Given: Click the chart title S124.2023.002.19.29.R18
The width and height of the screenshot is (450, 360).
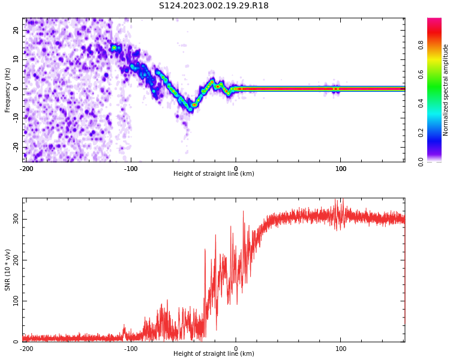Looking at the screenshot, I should click(x=214, y=6).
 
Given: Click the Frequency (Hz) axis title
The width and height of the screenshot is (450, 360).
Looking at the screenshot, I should click(x=8, y=90).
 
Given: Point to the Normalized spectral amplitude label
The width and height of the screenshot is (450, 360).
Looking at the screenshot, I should click(x=446, y=90).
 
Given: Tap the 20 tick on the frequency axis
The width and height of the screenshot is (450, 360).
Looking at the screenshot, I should click(x=16, y=30).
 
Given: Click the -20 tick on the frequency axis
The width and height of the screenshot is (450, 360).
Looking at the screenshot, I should click(x=15, y=147).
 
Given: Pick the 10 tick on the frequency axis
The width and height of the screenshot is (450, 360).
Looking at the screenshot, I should click(x=16, y=59).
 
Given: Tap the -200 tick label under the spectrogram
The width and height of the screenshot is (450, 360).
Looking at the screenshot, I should click(x=26, y=169).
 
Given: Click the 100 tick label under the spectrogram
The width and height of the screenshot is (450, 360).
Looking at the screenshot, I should click(x=341, y=169).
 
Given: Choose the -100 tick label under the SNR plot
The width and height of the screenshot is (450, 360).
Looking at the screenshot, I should click(x=131, y=349).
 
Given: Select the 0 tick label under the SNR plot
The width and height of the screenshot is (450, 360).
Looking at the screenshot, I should click(x=236, y=349).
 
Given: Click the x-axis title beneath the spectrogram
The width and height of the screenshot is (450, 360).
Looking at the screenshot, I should click(x=214, y=174).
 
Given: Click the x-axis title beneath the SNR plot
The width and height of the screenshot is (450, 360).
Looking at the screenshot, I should click(x=214, y=354).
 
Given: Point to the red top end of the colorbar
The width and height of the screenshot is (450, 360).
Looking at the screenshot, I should click(x=434, y=22).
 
